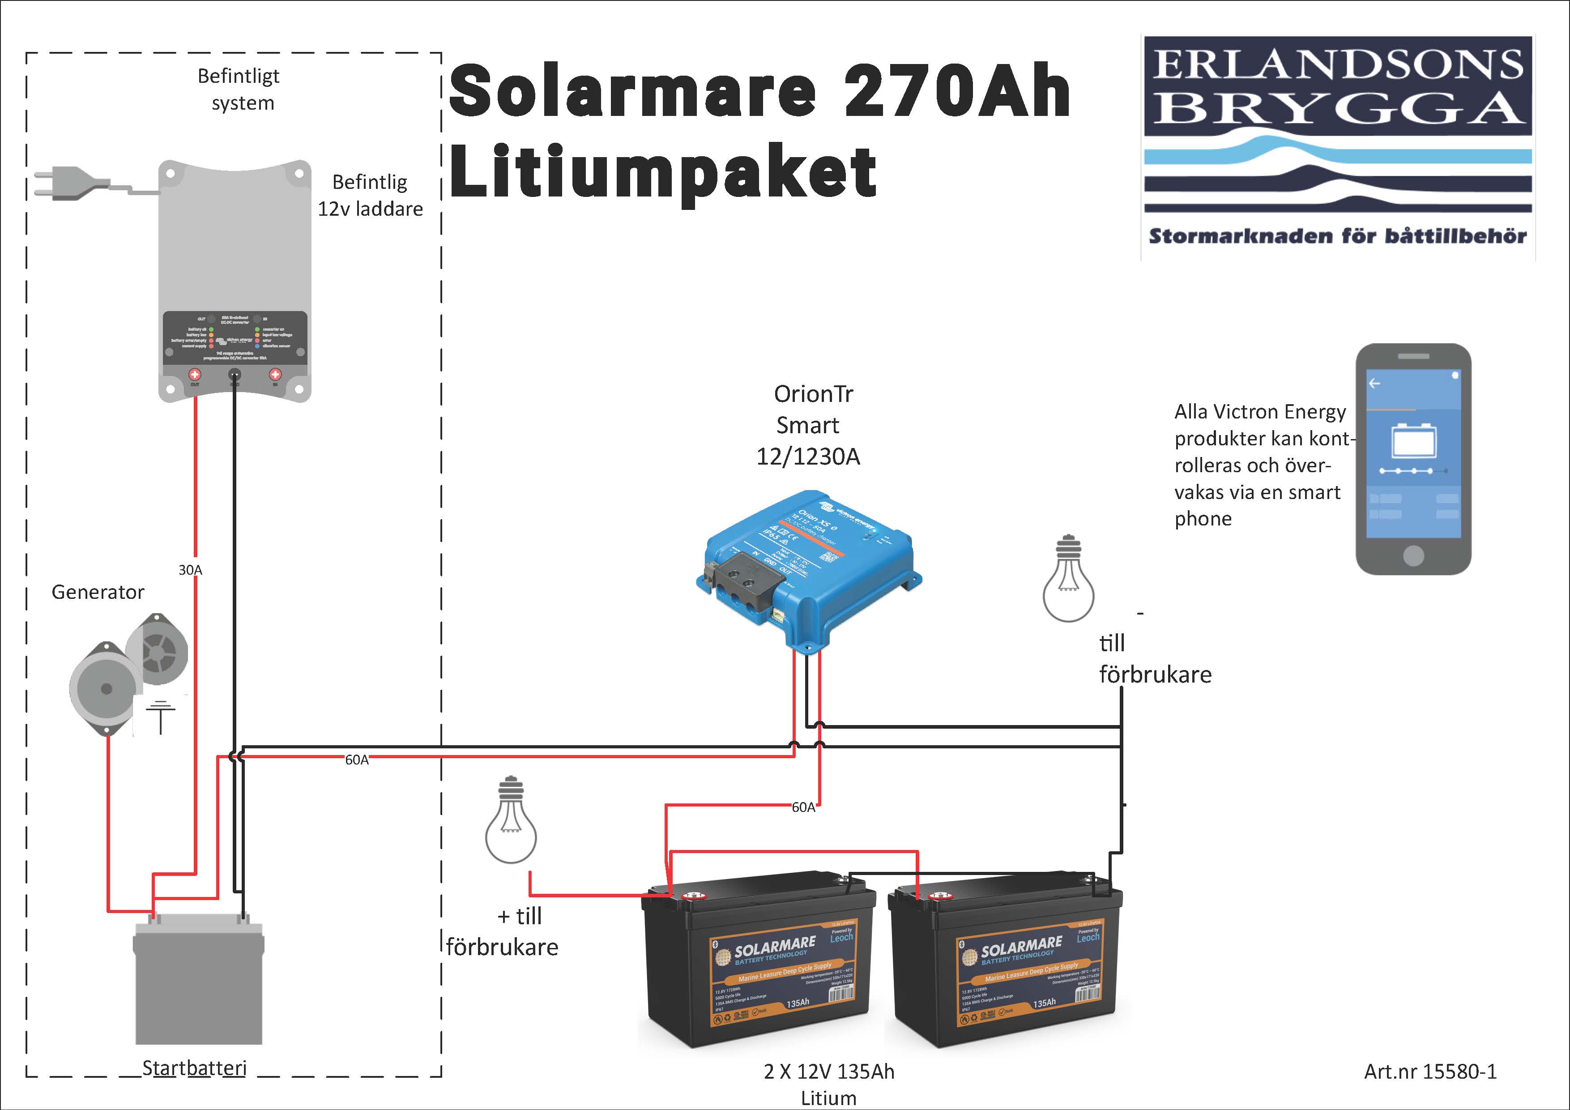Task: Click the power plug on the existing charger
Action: [x=62, y=184]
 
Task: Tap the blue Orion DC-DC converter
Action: [x=807, y=568]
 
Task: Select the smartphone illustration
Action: [x=1413, y=458]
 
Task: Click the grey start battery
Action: [x=198, y=982]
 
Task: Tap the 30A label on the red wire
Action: [x=190, y=570]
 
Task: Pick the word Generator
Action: [x=98, y=592]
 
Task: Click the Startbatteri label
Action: [x=194, y=1067]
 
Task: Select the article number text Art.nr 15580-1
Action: [x=1430, y=1071]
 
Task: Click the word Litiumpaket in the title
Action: [x=662, y=171]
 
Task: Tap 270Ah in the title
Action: [x=957, y=90]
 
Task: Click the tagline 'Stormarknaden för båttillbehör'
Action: [x=1338, y=236]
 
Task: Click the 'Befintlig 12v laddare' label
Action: [x=370, y=195]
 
